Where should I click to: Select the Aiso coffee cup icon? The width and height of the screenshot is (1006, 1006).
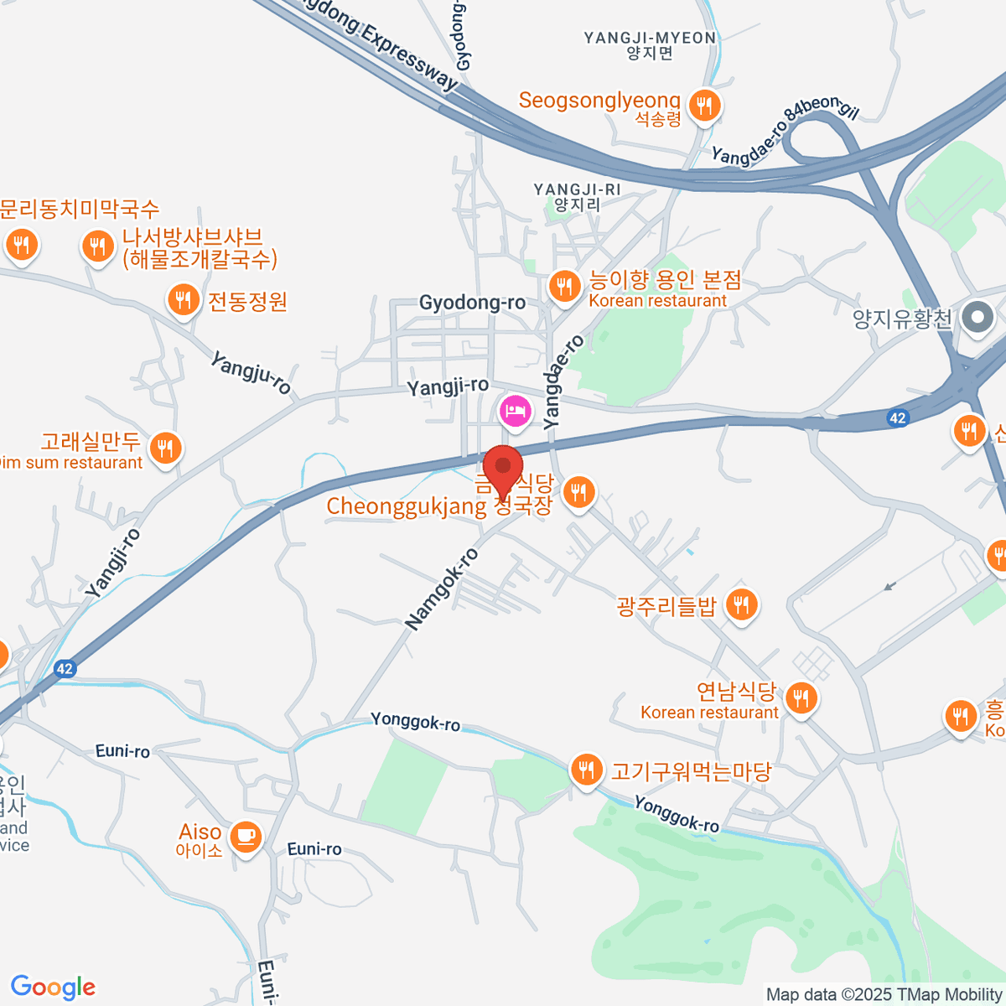click(245, 836)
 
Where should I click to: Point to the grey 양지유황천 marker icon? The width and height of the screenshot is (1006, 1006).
click(977, 318)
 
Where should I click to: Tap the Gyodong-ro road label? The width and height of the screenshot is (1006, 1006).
click(472, 303)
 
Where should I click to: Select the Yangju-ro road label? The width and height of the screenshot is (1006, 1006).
click(251, 374)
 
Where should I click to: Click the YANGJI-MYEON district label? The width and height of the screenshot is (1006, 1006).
click(650, 38)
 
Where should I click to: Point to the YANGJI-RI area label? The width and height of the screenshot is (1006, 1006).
click(578, 190)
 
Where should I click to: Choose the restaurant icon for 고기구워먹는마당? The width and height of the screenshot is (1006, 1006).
click(586, 769)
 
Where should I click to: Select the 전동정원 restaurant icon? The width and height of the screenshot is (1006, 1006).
click(182, 298)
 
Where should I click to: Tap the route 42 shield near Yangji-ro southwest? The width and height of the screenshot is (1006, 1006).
click(65, 669)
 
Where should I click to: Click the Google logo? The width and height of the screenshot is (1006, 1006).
click(53, 988)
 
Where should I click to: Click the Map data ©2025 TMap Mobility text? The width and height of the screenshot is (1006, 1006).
click(884, 994)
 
